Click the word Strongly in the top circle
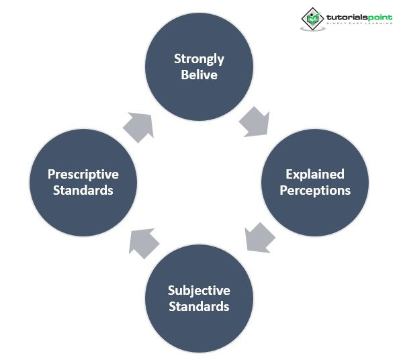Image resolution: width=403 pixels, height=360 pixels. coord(199,58)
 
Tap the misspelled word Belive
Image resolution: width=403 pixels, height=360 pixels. coord(199,75)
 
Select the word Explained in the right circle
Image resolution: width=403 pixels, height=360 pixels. coord(314,174)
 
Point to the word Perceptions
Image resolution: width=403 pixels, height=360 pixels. coord(314,190)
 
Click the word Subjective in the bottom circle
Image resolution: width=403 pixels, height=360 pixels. coord(199,291)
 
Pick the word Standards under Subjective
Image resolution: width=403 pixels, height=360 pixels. coord(199,307)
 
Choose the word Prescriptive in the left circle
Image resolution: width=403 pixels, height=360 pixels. coord(83,174)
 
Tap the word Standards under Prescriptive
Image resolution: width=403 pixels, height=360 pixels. coord(83,190)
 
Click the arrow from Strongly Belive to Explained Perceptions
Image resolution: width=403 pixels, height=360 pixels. coord(255,122)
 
